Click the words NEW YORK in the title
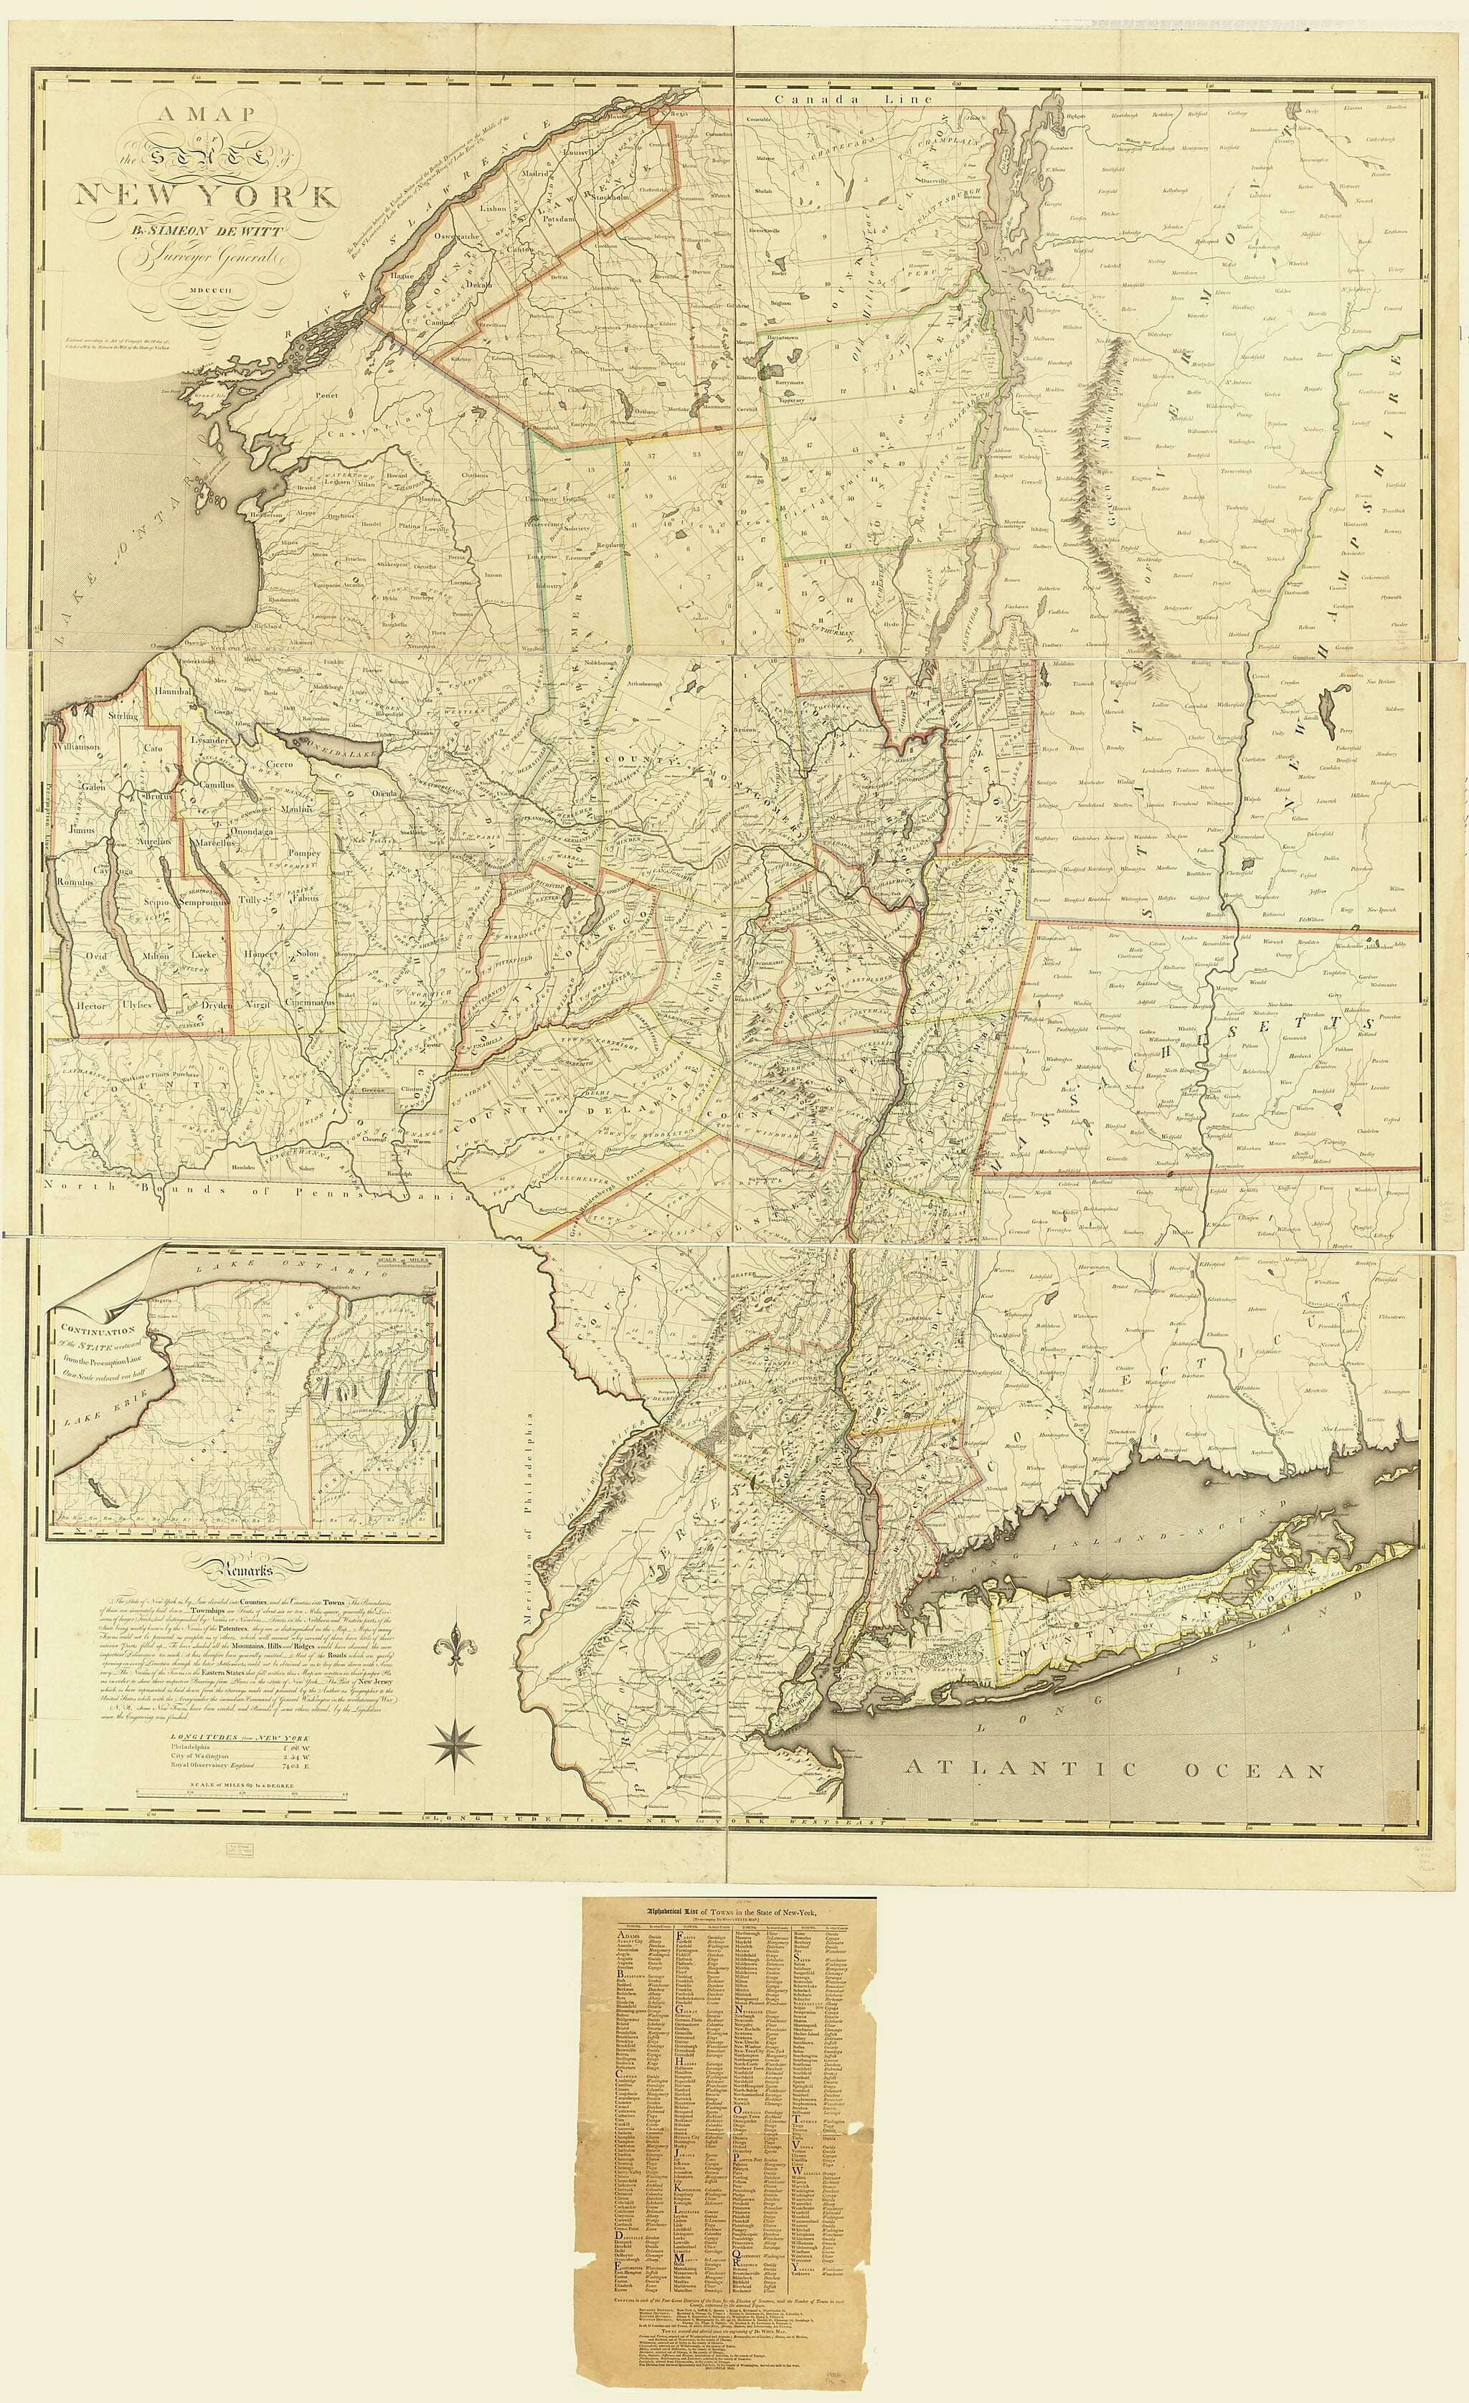coord(207,196)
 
